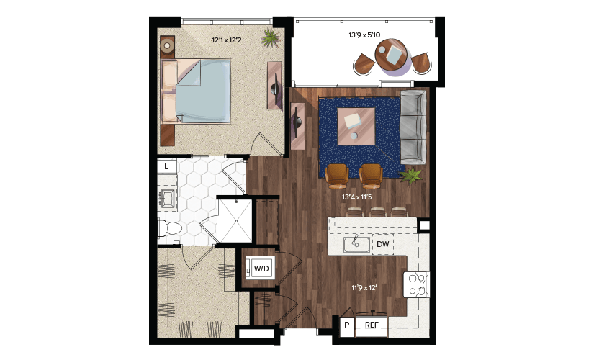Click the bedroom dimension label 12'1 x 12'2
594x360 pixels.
tap(226, 40)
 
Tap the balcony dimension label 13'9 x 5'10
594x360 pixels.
tap(364, 35)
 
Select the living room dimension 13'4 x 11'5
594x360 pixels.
tap(357, 197)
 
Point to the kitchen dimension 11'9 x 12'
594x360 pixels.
tap(364, 287)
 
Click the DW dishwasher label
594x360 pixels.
tap(382, 244)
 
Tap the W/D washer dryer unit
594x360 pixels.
tap(261, 269)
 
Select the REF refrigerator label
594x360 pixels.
tap(372, 325)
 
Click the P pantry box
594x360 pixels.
tap(346, 325)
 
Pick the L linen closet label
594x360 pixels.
tap(166, 166)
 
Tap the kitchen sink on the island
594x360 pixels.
tap(357, 244)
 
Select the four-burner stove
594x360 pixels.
tap(416, 284)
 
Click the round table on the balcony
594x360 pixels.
tap(392, 54)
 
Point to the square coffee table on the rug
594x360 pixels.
tap(356, 126)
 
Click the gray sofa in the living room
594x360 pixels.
tap(413, 127)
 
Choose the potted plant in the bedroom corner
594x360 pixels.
tap(271, 37)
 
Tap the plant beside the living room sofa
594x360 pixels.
tap(410, 176)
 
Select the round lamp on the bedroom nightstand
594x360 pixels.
tap(167, 46)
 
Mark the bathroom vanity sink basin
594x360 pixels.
tap(167, 198)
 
